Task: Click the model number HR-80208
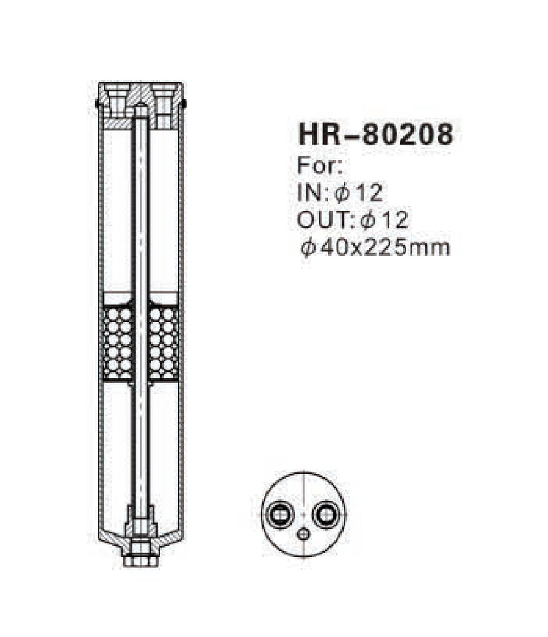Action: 375,135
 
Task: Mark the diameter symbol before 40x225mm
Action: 306,247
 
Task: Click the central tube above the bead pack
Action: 140,206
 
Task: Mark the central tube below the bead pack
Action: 140,446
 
